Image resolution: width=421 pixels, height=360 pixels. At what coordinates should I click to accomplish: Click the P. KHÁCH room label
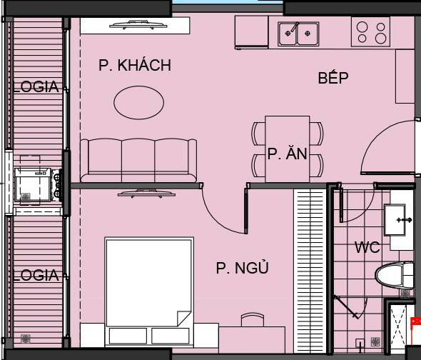click(x=135, y=66)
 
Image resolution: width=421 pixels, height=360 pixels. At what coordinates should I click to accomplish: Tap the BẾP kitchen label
click(x=333, y=78)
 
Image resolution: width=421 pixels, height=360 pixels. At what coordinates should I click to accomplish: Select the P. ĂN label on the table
click(x=288, y=154)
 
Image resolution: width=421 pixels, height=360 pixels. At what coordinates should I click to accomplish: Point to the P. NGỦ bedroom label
click(x=242, y=269)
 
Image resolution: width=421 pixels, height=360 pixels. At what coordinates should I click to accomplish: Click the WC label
click(x=367, y=248)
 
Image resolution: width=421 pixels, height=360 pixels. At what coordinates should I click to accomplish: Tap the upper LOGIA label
click(x=36, y=87)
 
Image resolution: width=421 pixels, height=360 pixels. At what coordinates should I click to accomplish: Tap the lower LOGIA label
click(x=36, y=274)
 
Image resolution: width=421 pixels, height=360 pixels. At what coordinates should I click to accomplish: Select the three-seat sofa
click(x=138, y=160)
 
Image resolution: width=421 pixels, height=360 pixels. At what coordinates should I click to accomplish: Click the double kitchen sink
click(x=299, y=32)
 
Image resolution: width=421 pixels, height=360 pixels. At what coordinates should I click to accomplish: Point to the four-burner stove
click(x=372, y=31)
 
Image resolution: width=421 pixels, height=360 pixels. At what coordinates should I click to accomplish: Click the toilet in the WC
click(x=393, y=276)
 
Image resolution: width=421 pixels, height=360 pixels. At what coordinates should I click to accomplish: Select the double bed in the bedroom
click(x=148, y=282)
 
